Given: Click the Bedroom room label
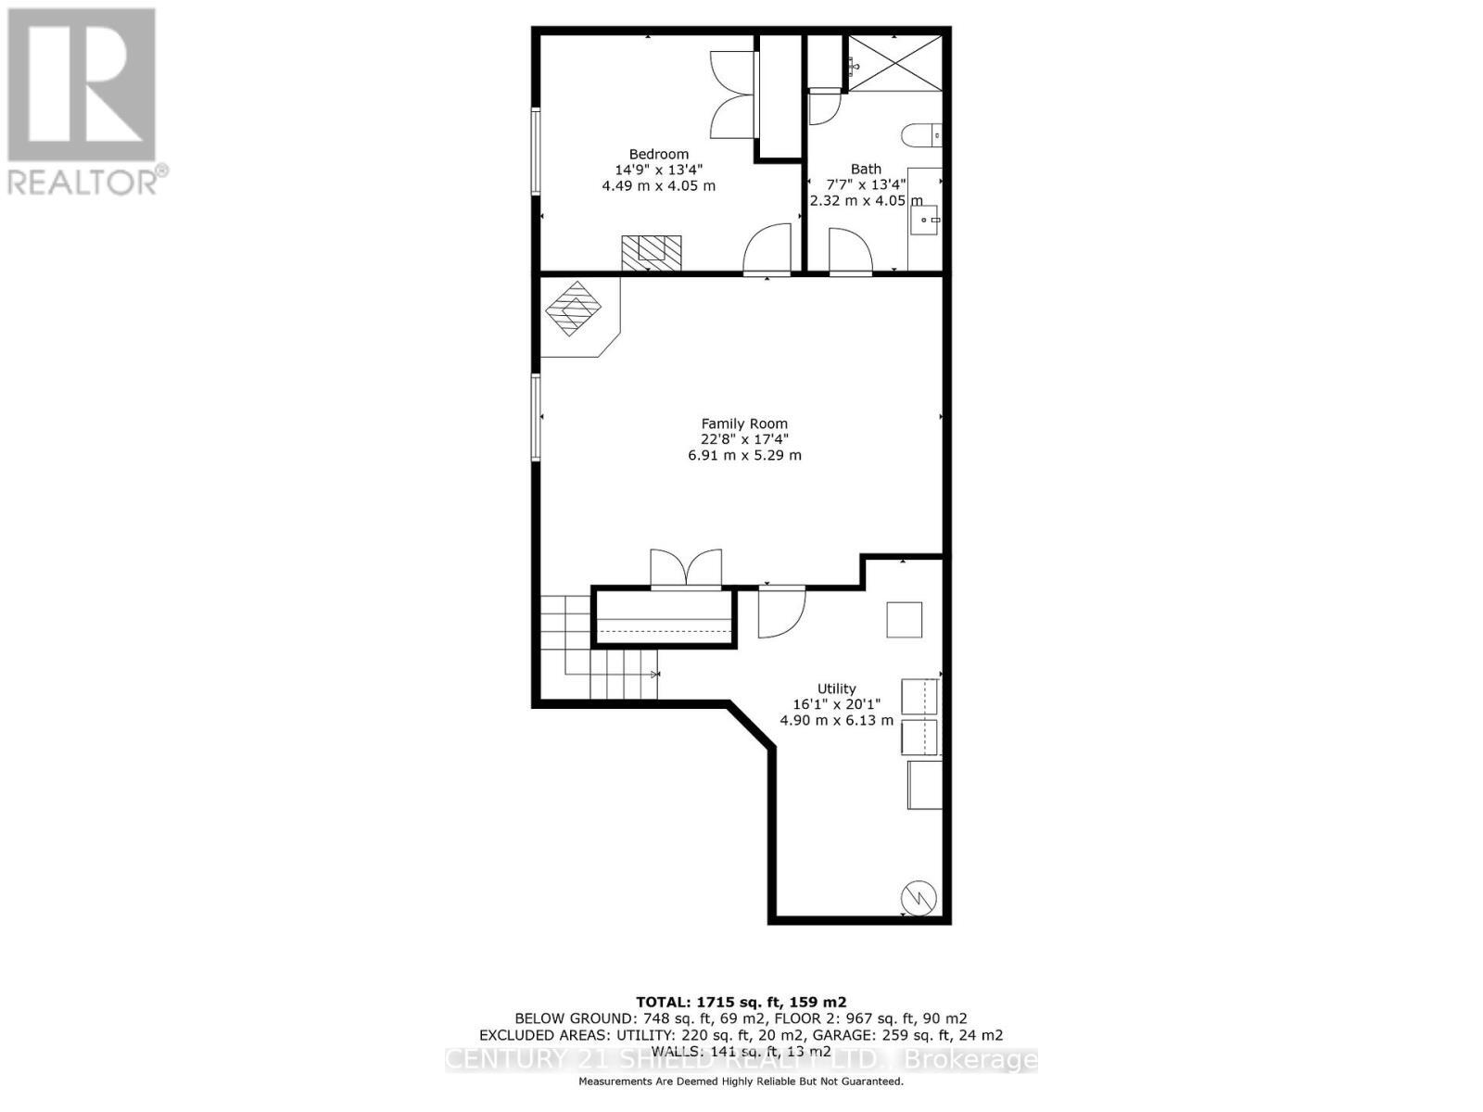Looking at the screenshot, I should click(x=658, y=155).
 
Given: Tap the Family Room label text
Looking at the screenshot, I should click(x=744, y=423).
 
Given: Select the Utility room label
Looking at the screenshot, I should click(x=836, y=689).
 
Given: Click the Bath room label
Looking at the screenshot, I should click(x=866, y=169).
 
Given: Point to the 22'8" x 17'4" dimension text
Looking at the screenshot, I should click(x=744, y=439).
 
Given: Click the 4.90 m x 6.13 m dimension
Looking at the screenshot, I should click(x=836, y=720).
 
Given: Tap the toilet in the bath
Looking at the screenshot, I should click(x=921, y=135).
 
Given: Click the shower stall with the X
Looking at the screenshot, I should click(x=895, y=63).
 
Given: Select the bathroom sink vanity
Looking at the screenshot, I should click(x=924, y=220).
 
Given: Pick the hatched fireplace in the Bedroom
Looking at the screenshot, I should click(x=651, y=252).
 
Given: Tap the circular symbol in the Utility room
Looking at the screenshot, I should click(x=919, y=897).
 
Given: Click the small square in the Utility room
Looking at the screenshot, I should click(x=904, y=619).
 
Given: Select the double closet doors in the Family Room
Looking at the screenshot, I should click(x=686, y=568).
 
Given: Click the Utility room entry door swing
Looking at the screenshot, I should click(x=780, y=613).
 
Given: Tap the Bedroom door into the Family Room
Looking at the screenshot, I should click(x=767, y=250).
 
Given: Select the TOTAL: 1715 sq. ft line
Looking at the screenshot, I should click(x=741, y=1002).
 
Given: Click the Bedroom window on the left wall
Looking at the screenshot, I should click(x=536, y=151).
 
